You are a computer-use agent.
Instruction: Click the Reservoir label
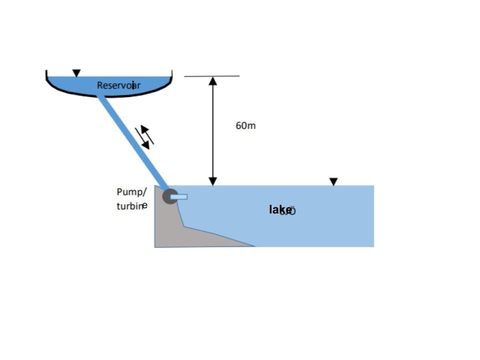[118, 85]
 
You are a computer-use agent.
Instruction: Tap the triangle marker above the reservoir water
[76, 73]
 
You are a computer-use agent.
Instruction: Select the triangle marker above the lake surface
[333, 181]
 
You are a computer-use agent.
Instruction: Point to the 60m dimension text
[245, 125]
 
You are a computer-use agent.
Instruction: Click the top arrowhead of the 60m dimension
[213, 80]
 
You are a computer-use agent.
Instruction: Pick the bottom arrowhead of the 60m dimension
[213, 181]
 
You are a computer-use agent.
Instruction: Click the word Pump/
[131, 192]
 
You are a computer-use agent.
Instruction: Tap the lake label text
[280, 210]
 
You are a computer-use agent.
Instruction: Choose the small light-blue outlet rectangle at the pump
[179, 197]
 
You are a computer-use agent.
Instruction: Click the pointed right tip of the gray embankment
[253, 245]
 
